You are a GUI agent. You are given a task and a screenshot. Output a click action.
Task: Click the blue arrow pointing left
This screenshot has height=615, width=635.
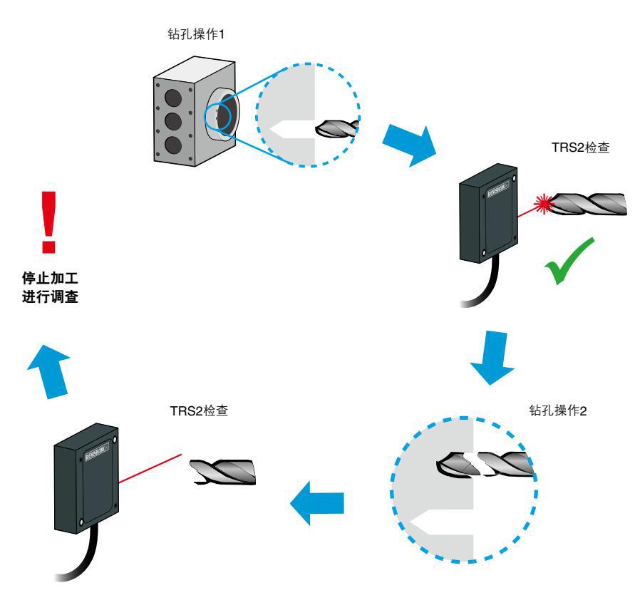(317, 505)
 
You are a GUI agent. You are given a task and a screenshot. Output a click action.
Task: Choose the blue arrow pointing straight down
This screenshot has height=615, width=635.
(492, 358)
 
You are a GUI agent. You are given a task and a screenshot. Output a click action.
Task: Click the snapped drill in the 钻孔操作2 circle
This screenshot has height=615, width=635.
(485, 465)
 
